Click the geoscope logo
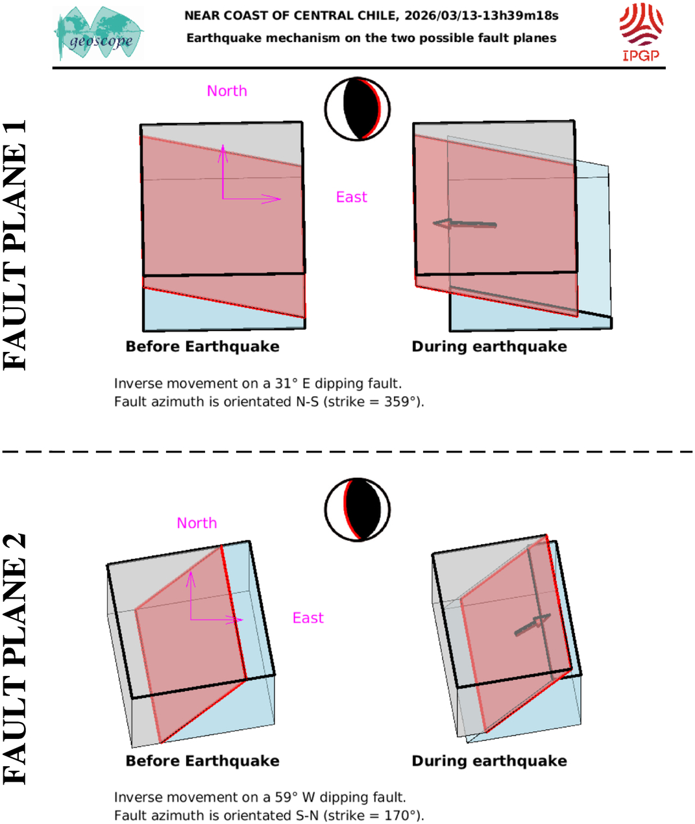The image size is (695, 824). tap(99, 33)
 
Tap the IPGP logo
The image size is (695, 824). tap(640, 32)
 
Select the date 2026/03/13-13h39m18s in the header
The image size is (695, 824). tap(482, 16)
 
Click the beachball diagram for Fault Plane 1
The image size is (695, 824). tap(358, 109)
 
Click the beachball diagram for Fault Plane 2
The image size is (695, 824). tap(358, 510)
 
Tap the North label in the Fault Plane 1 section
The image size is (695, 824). tap(227, 91)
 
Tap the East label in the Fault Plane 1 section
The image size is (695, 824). tap(352, 197)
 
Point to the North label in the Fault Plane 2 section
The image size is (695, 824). tap(197, 523)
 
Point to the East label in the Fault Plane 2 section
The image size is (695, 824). tap(308, 618)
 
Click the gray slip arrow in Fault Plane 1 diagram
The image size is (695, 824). tap(464, 224)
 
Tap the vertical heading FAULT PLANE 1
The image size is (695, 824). tap(15, 245)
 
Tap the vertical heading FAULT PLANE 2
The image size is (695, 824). tap(15, 660)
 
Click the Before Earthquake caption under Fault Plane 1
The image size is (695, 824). tap(202, 347)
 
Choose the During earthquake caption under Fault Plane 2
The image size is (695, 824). tap(489, 760)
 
